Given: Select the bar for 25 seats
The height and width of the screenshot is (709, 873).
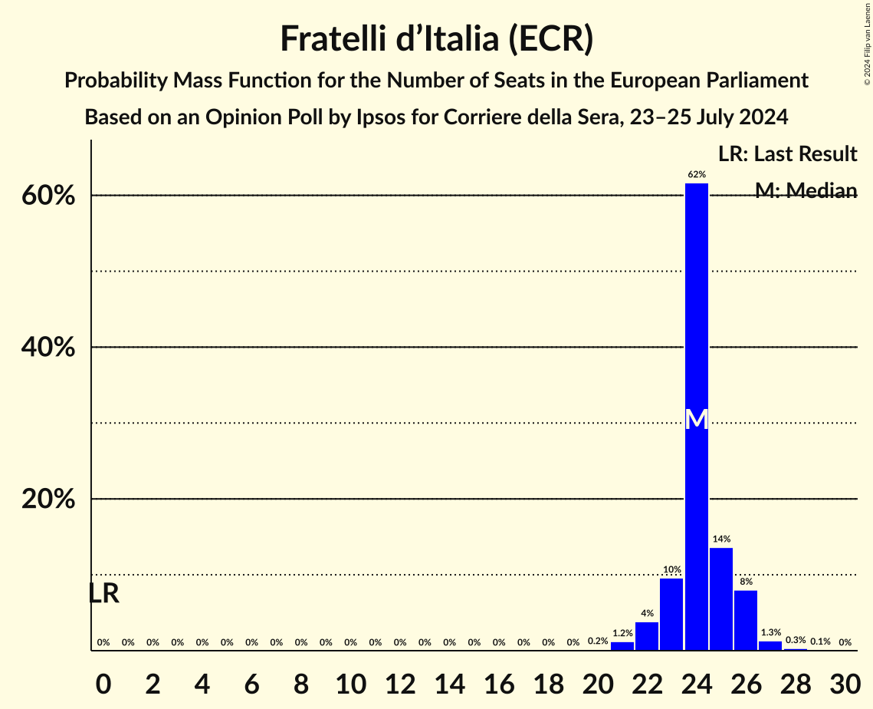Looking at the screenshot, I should pos(721,599).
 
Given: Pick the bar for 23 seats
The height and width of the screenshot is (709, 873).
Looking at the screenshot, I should pos(671,614).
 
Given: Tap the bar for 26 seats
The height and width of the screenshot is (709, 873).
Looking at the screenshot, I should pos(746,620).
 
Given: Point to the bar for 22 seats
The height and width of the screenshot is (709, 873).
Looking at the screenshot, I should pos(647,636).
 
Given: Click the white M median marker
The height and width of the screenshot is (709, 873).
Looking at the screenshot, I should pos(696,419).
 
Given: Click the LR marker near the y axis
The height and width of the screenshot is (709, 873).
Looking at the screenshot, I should pos(103,593).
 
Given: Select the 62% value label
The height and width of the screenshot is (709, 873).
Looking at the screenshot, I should pos(696,174).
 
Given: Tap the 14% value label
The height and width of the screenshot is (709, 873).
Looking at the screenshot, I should pos(721,539).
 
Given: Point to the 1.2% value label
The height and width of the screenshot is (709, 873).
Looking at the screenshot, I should pos(622,633).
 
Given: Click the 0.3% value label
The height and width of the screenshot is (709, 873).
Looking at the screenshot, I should pos(796,640).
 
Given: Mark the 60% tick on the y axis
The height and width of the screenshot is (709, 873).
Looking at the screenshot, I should pos(48,196).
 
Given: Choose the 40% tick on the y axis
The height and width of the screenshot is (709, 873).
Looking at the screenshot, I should pos(48,348).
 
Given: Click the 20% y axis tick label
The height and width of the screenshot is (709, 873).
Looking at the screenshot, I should pos(48,500).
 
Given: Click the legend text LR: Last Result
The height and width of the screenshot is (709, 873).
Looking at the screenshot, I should pos(787,154).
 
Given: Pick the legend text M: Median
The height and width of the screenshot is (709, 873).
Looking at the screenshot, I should pos(806,190).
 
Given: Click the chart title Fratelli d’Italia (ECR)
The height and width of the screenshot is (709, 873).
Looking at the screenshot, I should pos(436,38).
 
